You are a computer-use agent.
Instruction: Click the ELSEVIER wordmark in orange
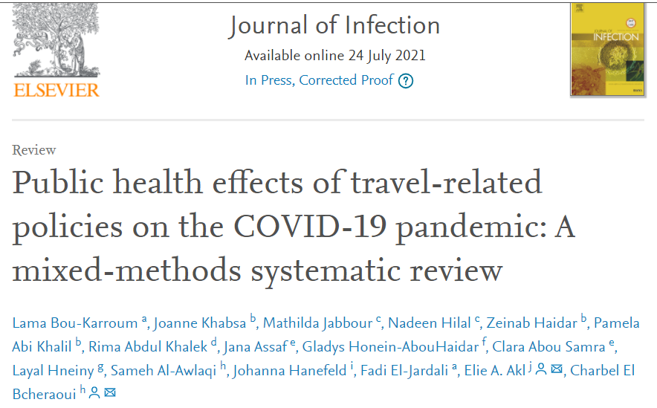[56, 90]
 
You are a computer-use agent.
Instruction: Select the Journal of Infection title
[334, 25]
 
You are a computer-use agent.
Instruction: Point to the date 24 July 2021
[387, 56]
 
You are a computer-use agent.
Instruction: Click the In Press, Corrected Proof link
[319, 80]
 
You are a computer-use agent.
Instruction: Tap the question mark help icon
[405, 81]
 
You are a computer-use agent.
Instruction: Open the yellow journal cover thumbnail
[606, 49]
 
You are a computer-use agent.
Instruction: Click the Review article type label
[34, 150]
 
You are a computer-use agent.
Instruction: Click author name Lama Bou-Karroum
[75, 323]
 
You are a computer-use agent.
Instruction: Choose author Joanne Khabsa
[200, 323]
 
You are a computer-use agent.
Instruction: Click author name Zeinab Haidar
[533, 323]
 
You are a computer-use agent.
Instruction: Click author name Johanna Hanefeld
[288, 370]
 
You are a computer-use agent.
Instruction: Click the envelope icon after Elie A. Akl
[557, 369]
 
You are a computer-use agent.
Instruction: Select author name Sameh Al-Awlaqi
[163, 370]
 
